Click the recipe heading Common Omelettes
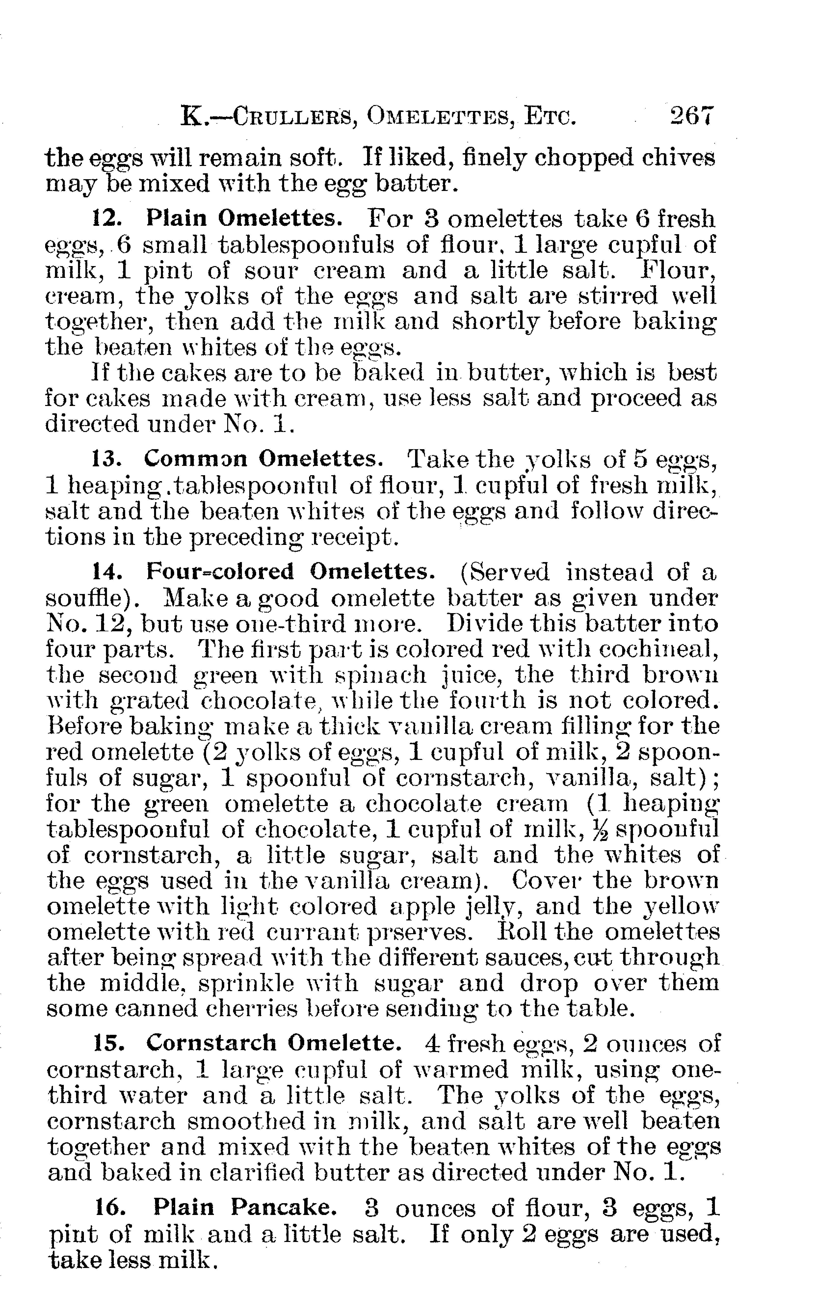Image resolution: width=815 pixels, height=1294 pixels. [x=263, y=458]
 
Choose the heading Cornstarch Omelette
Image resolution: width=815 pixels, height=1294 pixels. [x=274, y=1043]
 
